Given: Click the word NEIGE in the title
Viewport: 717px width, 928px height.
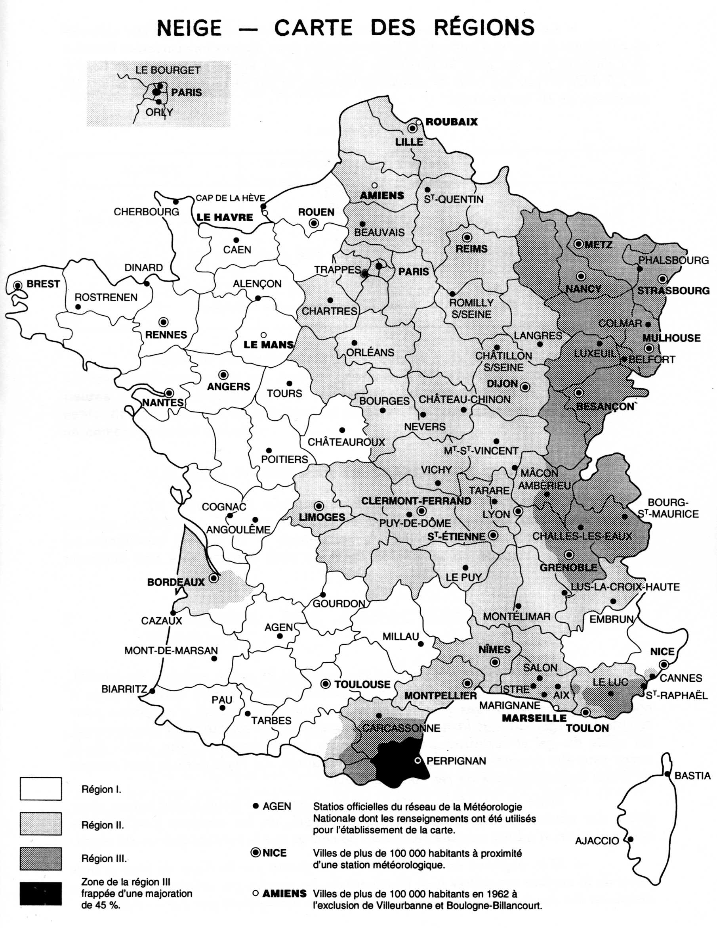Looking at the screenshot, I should (189, 28).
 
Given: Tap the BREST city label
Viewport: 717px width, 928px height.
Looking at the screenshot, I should (43, 284).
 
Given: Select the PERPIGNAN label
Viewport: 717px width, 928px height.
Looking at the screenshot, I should (456, 761).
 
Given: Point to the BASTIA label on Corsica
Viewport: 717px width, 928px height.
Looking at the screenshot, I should (692, 776).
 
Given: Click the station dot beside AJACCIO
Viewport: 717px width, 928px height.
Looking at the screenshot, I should (631, 839).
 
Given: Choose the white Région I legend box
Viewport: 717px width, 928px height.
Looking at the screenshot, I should (41, 789).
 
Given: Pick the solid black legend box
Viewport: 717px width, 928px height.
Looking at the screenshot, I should (41, 893).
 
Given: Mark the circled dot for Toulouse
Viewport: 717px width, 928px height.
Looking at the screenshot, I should (326, 684).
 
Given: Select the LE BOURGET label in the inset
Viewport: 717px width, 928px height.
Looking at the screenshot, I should (168, 70).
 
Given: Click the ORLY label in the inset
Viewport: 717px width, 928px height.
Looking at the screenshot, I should (159, 112).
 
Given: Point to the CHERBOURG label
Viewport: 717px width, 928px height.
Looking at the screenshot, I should (147, 212).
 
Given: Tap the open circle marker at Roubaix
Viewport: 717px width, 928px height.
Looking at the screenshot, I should (419, 122).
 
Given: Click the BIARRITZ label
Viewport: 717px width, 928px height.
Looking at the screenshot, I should (124, 689).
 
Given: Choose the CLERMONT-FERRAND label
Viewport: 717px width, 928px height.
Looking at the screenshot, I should (416, 501).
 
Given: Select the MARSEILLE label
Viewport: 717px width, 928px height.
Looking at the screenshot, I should (534, 718).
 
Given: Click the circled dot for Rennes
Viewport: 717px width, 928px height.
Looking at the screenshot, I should (164, 322).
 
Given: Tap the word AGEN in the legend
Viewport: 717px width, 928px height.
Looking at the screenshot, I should (277, 806).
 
